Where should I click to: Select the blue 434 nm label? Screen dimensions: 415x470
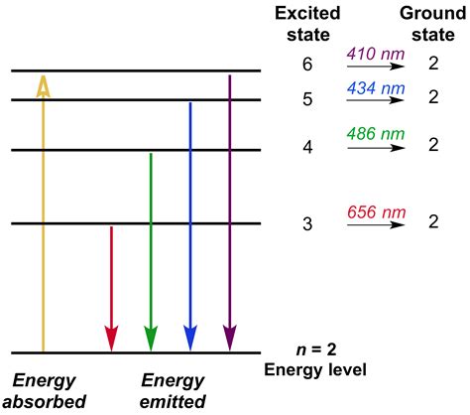376,89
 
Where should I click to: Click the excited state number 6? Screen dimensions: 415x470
307,64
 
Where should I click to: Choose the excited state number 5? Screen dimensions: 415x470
307,98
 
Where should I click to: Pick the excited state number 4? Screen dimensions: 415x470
307,146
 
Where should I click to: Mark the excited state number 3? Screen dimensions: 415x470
307,223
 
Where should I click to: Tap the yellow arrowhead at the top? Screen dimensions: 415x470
43,86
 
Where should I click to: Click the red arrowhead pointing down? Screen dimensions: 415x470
111,338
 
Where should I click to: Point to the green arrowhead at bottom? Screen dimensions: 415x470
150,338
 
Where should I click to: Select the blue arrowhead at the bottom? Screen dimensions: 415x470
189,338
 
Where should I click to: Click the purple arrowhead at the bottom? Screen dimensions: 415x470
229,338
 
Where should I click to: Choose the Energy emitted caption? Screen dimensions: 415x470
173,390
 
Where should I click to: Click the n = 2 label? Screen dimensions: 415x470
314,350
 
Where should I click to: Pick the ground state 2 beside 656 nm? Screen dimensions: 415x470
433,223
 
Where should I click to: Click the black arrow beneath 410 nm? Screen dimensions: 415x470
377,66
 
